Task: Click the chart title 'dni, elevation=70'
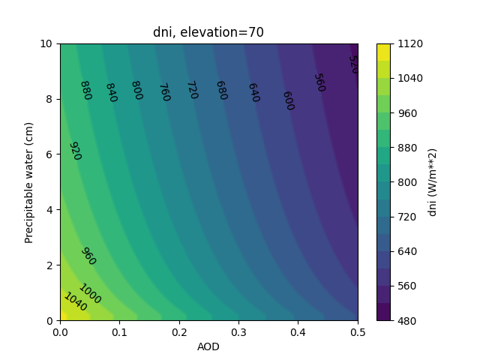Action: (208, 32)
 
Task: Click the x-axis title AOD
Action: (208, 346)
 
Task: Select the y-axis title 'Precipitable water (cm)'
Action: (29, 182)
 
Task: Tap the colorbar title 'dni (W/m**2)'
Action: (433, 182)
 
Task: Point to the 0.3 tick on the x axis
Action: (238, 331)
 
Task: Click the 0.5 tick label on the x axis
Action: (358, 331)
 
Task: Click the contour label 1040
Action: (75, 301)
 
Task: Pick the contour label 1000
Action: (89, 293)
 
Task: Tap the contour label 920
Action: (74, 151)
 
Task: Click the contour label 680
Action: (221, 91)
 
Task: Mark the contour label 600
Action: (287, 100)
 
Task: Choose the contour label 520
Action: (352, 64)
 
